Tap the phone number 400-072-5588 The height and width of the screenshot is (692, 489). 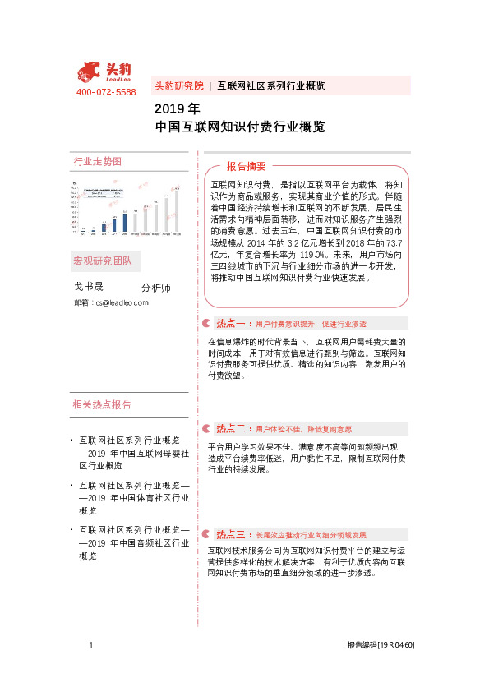(106, 92)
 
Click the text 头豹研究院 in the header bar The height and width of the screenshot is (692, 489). (178, 85)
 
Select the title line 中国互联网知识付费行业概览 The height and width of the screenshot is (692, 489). (240, 127)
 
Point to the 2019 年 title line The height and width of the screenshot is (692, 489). (178, 108)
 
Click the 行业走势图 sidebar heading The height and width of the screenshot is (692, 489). (97, 162)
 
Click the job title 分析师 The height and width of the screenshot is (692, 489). (155, 288)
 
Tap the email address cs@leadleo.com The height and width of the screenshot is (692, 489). (122, 303)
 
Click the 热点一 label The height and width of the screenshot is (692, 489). (233, 323)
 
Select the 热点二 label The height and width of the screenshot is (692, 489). (233, 428)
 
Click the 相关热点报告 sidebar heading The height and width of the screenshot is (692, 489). (102, 404)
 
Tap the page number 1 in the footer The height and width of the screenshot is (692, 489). (91, 645)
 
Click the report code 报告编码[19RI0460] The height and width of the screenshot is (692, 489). (381, 646)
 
